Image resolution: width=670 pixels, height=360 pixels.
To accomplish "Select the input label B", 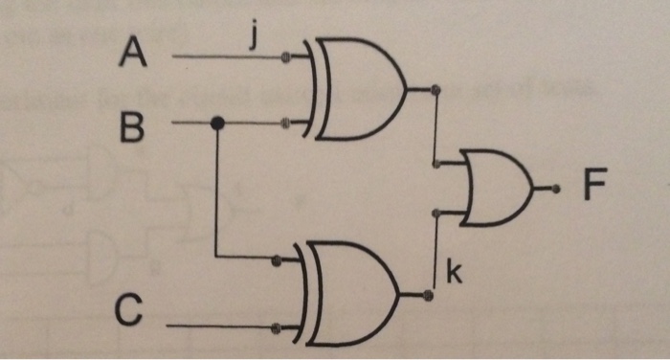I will pyautogui.click(x=132, y=124).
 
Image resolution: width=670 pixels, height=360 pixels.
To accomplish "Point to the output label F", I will pyautogui.click(x=594, y=186).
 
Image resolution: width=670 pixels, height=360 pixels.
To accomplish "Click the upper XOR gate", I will pyautogui.click(x=356, y=89).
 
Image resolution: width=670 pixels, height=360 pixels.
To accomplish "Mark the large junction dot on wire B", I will pyautogui.click(x=217, y=123).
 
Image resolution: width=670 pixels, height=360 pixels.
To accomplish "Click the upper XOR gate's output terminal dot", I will pyautogui.click(x=436, y=91).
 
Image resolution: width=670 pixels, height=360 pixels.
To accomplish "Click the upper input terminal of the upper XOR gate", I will pyautogui.click(x=285, y=57).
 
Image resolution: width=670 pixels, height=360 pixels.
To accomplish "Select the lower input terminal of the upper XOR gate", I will pyautogui.click(x=285, y=123).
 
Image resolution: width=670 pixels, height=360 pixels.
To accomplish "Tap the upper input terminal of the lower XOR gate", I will pyautogui.click(x=276, y=258).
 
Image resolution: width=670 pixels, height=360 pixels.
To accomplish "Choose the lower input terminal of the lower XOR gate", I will pyautogui.click(x=276, y=326).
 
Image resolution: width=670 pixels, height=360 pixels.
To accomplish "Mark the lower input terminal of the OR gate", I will pyautogui.click(x=436, y=213).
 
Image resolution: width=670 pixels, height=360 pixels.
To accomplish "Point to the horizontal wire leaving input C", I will pyautogui.click(x=220, y=326).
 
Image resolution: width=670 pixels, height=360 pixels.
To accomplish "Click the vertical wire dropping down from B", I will pyautogui.click(x=217, y=191).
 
